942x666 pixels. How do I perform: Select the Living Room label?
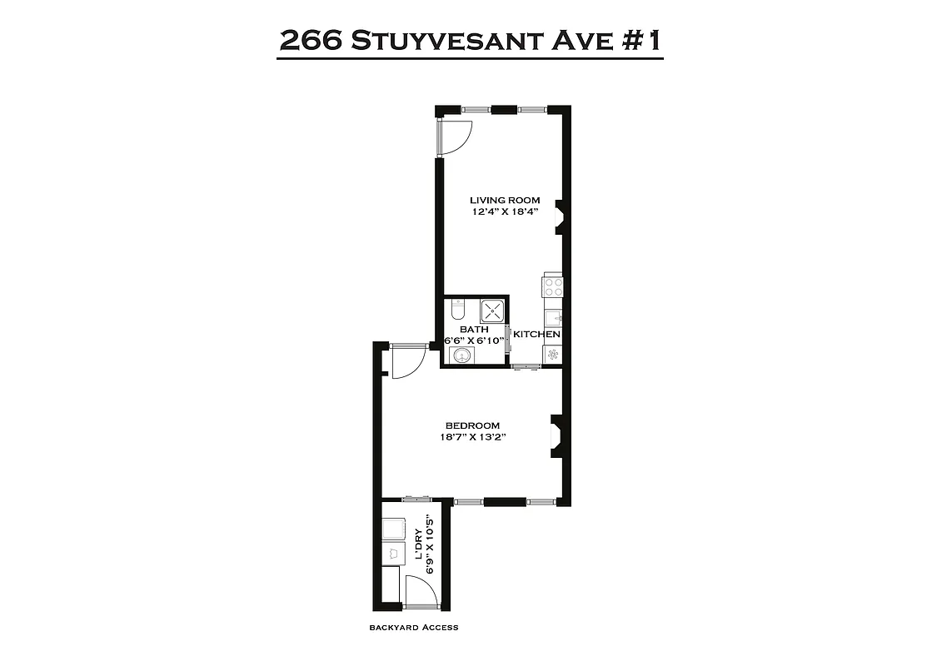pyautogui.click(x=505, y=200)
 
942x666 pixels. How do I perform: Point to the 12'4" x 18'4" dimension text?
pyautogui.click(x=505, y=211)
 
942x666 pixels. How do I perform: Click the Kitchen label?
pyautogui.click(x=536, y=335)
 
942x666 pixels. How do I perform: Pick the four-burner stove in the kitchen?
pyautogui.click(x=553, y=287)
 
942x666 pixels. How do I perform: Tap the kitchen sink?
pyautogui.click(x=553, y=318)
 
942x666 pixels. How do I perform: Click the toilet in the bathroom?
pyautogui.click(x=456, y=311)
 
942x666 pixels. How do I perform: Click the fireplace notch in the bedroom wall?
pyautogui.click(x=556, y=435)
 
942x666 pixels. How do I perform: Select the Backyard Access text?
pyautogui.click(x=414, y=628)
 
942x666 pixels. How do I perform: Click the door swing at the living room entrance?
pyautogui.click(x=456, y=137)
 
